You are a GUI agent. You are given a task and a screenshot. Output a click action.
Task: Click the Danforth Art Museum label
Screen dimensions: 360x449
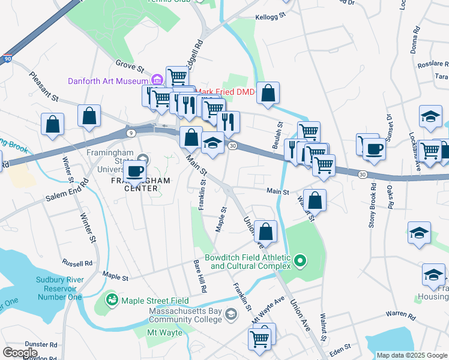107,81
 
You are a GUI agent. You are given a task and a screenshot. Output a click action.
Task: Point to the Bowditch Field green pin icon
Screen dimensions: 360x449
301,260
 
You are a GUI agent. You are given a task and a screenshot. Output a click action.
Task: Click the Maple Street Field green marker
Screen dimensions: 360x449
112,299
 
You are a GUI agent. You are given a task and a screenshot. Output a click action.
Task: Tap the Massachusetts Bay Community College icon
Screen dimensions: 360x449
231,314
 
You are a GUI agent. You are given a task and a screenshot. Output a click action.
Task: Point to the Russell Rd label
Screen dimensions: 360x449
77,263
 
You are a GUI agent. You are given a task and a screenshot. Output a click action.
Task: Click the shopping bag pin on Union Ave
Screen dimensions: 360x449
265,231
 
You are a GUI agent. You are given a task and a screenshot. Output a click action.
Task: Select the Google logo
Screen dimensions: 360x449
20,353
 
